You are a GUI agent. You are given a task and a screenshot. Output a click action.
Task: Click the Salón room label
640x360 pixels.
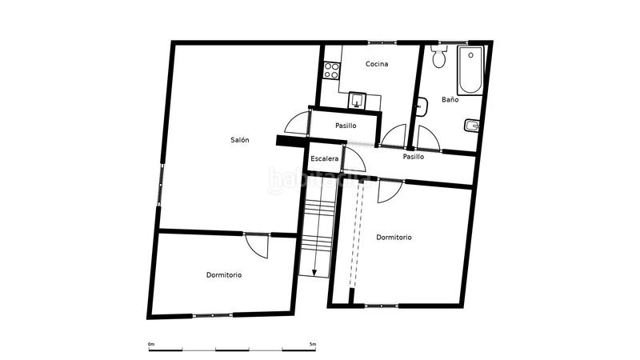click(x=240, y=140)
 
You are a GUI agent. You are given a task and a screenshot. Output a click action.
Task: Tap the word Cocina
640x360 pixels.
click(x=377, y=64)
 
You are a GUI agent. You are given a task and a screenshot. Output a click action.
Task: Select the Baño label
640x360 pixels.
click(x=450, y=100)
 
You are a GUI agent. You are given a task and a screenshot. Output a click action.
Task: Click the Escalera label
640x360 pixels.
click(x=325, y=158)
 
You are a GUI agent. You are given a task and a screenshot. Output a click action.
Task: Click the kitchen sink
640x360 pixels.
click(x=358, y=101)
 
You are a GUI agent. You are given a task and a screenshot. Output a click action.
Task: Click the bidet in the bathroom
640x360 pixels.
click(x=471, y=125)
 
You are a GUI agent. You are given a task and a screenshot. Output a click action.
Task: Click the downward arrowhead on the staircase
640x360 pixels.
click(x=314, y=272)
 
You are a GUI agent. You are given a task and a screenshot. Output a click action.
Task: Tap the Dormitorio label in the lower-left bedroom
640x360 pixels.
click(x=224, y=275)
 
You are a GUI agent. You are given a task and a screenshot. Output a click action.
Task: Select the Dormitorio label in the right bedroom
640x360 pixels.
click(x=394, y=238)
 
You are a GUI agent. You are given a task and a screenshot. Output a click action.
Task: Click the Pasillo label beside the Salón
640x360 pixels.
click(x=346, y=126)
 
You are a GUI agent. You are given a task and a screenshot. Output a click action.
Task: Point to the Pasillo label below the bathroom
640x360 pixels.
click(x=413, y=157)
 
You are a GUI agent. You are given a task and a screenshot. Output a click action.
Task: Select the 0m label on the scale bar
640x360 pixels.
click(x=151, y=344)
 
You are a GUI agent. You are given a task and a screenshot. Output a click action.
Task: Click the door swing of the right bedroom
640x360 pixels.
click(x=389, y=190)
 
